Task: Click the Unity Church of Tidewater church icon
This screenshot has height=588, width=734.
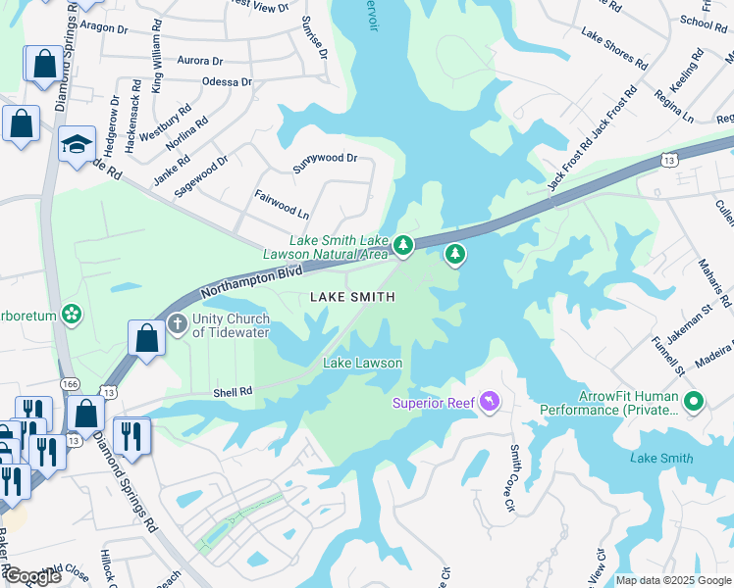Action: pyautogui.click(x=177, y=322)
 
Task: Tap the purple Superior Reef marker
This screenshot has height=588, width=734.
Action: pyautogui.click(x=490, y=402)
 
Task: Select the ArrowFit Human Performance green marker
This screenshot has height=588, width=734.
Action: pyautogui.click(x=694, y=401)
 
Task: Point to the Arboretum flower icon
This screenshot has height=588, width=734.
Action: pyautogui.click(x=71, y=315)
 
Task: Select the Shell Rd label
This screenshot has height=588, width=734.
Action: pyautogui.click(x=233, y=391)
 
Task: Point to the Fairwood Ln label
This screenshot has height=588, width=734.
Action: pyautogui.click(x=282, y=204)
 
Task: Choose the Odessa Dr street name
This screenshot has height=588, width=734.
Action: pyautogui.click(x=227, y=82)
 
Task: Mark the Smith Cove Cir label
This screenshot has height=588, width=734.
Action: pyautogui.click(x=511, y=477)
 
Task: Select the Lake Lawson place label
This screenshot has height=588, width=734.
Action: pyautogui.click(x=363, y=363)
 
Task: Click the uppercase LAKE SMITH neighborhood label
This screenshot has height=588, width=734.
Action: pyautogui.click(x=352, y=296)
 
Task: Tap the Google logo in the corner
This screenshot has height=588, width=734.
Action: pyautogui.click(x=31, y=576)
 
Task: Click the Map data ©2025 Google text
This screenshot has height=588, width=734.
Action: pyautogui.click(x=673, y=580)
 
